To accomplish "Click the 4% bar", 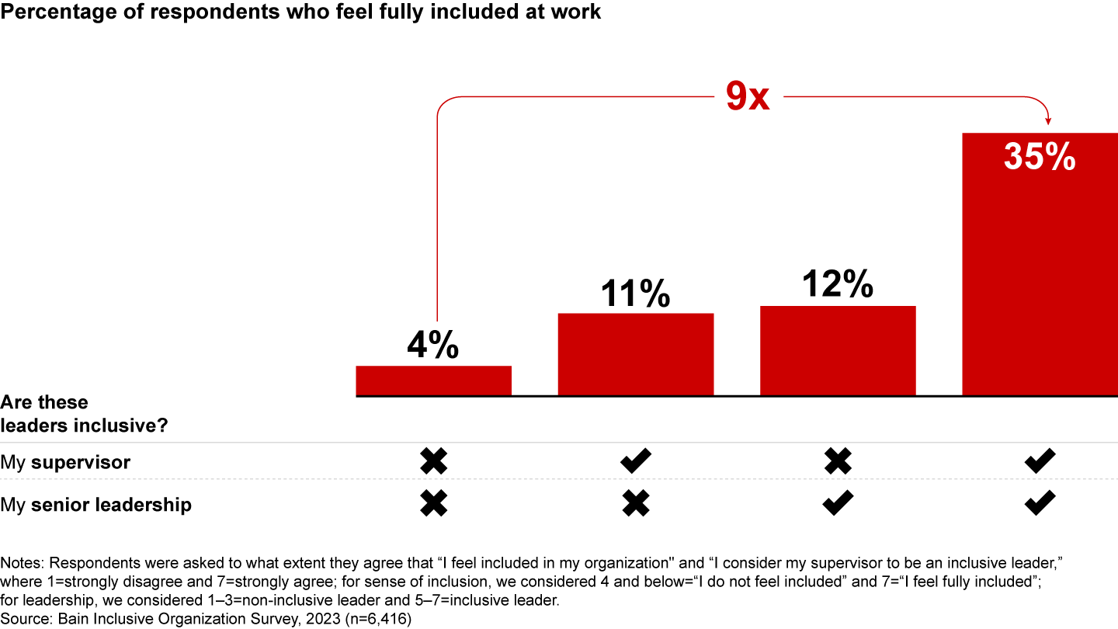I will (433, 381).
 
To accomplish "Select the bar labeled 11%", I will (636, 355).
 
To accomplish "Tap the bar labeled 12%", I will (838, 351).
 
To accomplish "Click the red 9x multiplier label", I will (748, 96).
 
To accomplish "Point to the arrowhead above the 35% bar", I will (1049, 120).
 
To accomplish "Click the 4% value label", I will (433, 346).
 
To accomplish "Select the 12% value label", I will (838, 285).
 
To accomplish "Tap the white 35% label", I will (1040, 157).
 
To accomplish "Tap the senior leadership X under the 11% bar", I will (636, 505).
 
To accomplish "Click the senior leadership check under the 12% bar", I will (838, 505).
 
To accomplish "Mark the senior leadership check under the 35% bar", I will (1040, 505).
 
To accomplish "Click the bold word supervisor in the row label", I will (81, 464).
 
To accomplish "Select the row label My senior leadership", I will (95, 505).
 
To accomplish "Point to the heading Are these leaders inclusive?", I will (84, 415).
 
